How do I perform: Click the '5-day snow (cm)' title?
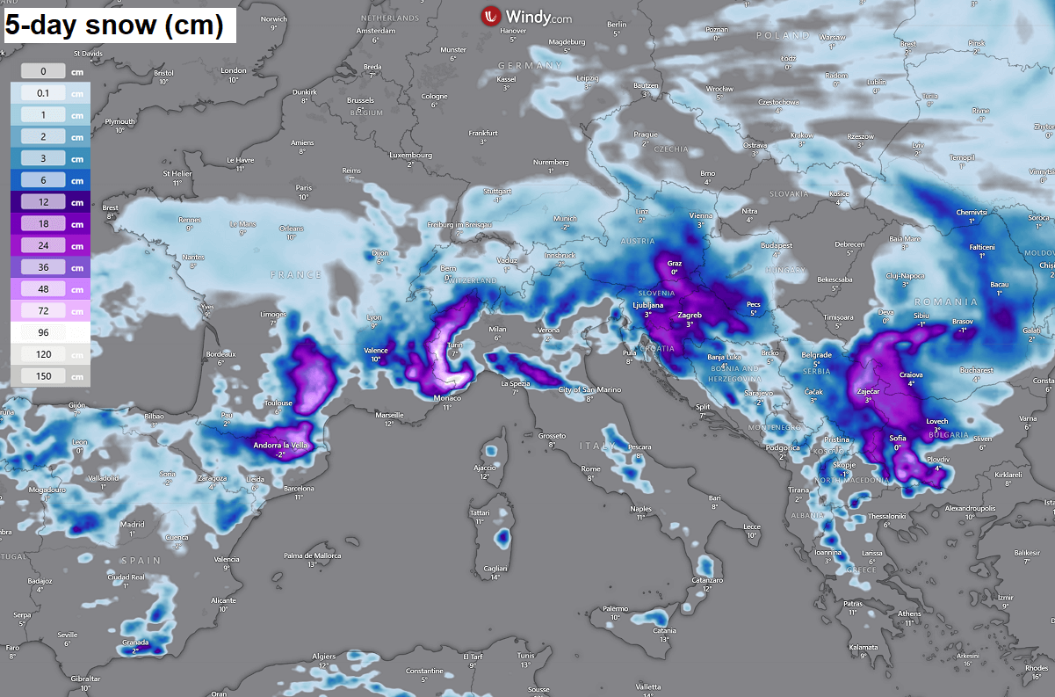[114, 25]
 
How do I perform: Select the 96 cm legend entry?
[51, 332]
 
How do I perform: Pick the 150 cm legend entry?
[51, 376]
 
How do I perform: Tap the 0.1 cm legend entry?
[51, 92]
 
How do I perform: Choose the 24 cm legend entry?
[51, 245]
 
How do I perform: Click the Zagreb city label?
[690, 315]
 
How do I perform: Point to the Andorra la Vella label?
[281, 446]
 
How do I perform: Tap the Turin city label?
[454, 345]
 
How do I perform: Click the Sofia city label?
[897, 438]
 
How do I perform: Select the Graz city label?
[675, 263]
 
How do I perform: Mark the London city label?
[234, 70]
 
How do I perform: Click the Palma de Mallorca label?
[312, 555]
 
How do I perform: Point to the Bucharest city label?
[976, 370]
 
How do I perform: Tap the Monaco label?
[447, 397]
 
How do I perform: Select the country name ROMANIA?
[950, 301]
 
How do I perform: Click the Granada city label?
[135, 643]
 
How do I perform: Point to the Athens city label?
[910, 614]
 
